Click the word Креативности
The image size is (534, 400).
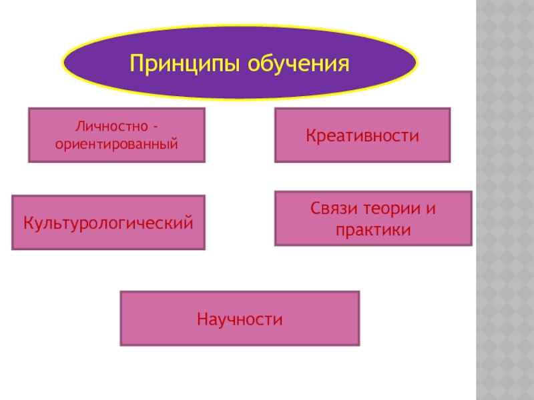362,136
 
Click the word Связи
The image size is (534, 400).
332,209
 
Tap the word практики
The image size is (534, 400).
372,229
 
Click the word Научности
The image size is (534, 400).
240,319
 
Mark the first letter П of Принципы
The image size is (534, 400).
136,65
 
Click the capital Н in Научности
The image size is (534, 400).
202,319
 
